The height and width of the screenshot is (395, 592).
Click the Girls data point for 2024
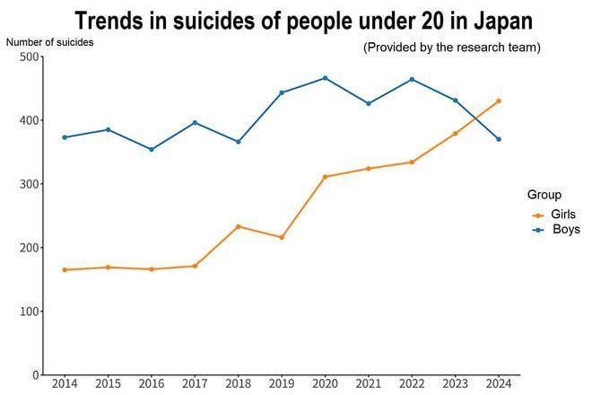tap(499, 101)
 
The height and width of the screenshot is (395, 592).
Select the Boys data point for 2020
tap(325, 78)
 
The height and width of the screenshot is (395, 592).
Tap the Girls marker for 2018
tap(238, 226)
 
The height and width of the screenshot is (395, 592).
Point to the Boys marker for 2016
tap(151, 149)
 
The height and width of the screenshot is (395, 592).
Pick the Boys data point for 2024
tap(499, 139)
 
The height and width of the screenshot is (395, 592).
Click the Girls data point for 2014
tap(65, 269)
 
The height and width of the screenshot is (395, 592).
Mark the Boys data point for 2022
tap(412, 79)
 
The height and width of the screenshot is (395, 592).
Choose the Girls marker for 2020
tap(325, 177)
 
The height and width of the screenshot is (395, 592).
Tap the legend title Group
tap(544, 195)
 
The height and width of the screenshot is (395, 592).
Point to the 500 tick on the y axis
tap(30, 57)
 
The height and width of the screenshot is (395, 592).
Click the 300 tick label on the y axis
tap(30, 184)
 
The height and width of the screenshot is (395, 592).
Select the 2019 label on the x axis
tap(282, 384)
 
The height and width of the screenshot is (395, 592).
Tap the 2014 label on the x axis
tap(65, 384)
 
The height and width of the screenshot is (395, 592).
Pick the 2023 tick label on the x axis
tap(456, 384)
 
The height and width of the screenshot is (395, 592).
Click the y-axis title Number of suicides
tap(49, 41)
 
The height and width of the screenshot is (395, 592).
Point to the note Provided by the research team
tap(451, 47)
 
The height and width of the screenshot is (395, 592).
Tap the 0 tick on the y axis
tap(36, 374)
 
